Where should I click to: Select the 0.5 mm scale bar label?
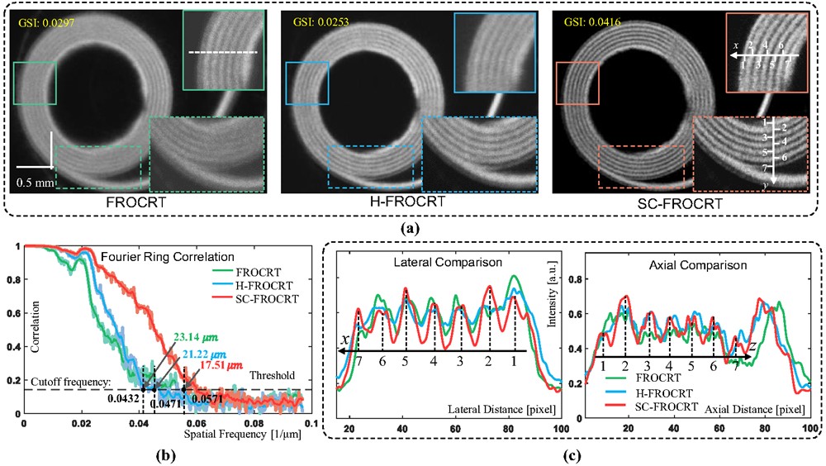point(34,182)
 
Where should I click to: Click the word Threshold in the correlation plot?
point(273,376)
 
